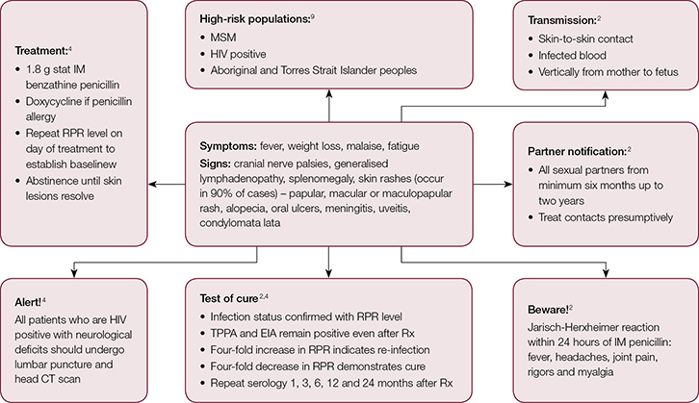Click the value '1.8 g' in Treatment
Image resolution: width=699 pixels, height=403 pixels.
pos(46,67)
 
